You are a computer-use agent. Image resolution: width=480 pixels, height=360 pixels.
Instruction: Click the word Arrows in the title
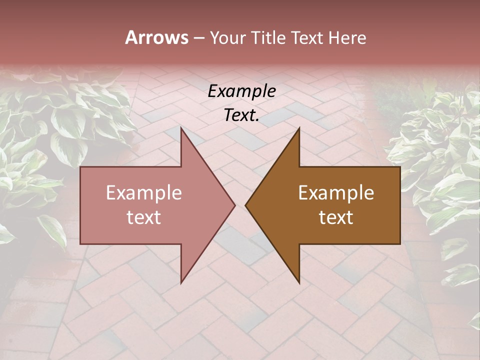(156, 37)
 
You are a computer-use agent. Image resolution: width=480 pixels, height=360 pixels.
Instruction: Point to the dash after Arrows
(198, 38)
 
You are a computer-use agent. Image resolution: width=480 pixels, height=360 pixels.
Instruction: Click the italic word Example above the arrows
(241, 91)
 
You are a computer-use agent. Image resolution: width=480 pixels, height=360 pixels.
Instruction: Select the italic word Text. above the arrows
(241, 115)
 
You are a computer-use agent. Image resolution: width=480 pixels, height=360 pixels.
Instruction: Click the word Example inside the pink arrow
(144, 193)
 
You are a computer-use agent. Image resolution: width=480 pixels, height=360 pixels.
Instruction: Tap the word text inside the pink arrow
(144, 217)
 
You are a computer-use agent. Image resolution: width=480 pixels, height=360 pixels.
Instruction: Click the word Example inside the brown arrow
(336, 193)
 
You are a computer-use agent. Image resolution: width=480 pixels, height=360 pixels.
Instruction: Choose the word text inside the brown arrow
(336, 217)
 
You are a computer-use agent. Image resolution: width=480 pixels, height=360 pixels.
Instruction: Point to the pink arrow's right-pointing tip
(235, 205)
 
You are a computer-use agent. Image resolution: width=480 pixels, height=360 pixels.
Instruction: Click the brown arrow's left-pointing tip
(245, 205)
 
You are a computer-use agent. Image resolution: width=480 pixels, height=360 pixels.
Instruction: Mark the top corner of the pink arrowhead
(181, 127)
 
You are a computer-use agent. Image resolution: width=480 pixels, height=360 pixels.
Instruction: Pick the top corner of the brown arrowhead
(299, 127)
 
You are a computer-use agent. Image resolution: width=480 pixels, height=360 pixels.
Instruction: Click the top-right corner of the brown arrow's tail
(400, 167)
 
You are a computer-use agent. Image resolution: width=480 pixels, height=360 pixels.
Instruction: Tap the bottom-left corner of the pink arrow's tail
(80, 244)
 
